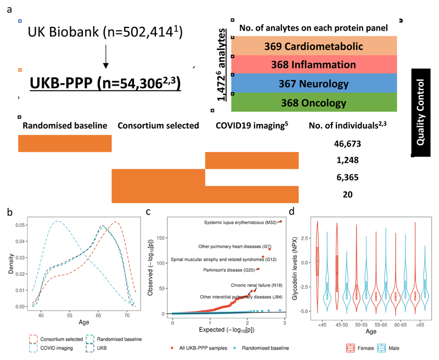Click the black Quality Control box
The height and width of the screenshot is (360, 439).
pyautogui.click(x=421, y=113)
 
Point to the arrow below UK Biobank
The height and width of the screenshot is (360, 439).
pyautogui.click(x=106, y=57)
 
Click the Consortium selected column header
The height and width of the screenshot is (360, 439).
pyautogui.click(x=158, y=126)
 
